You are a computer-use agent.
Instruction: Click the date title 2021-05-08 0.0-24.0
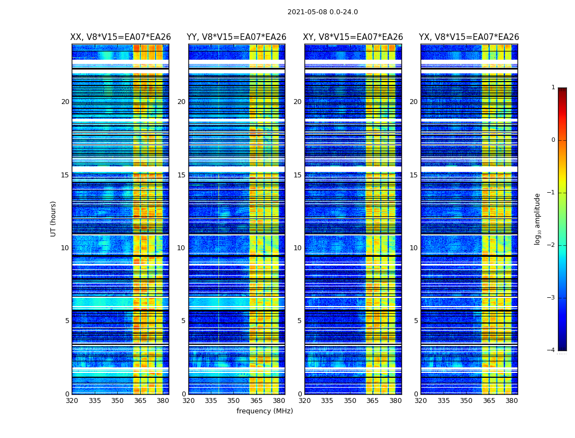323,12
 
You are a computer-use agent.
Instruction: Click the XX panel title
120,37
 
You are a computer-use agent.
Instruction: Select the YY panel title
237,37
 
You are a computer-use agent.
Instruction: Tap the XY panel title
353,37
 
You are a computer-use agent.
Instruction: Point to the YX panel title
469,37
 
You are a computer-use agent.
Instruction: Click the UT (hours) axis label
54,218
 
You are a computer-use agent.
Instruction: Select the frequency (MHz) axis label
264,411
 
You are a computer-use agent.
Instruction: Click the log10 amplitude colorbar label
538,218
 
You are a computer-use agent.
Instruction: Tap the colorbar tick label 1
553,88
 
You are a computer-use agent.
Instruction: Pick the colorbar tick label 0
553,140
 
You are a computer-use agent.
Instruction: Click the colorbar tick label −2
552,245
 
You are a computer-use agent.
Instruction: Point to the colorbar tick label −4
552,350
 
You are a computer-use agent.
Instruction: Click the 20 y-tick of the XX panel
65,102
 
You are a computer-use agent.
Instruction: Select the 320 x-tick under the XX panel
72,401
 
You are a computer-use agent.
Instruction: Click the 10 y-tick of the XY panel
297,248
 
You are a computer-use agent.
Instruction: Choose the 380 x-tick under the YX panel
511,401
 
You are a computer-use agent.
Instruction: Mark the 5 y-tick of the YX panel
416,321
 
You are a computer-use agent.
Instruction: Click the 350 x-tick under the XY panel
350,401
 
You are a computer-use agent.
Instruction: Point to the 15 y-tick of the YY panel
181,175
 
